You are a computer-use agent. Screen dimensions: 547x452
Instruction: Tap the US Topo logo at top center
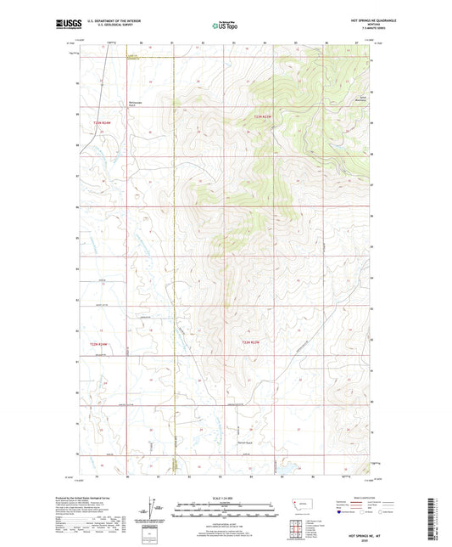[224, 25]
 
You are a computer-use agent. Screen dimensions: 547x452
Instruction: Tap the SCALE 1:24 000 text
[223, 497]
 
